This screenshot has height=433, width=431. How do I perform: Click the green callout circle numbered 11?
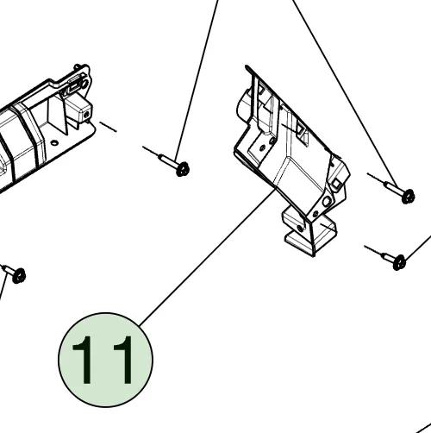[x=105, y=360]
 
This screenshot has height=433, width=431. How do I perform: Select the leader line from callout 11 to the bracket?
[x=208, y=257]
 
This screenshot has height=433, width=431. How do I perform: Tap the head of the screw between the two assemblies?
[x=183, y=169]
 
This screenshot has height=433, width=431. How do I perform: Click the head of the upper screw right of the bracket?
[x=408, y=196]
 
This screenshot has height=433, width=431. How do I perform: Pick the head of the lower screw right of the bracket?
[x=399, y=262]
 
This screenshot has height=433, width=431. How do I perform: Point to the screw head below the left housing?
[x=19, y=275]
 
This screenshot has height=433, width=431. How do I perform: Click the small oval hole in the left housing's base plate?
[x=54, y=142]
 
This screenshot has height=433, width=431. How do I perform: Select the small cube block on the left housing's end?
[x=83, y=111]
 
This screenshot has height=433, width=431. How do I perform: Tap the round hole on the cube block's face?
[x=86, y=115]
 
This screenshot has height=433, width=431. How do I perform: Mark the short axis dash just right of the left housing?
[x=108, y=127]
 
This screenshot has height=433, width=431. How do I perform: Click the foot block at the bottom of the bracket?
[x=309, y=231]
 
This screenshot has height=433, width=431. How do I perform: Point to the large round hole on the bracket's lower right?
[x=326, y=201]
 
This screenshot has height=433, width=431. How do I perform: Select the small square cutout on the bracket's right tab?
[x=336, y=183]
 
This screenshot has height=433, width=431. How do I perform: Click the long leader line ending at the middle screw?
[x=197, y=80]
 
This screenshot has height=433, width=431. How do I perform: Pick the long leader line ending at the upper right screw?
[x=346, y=95]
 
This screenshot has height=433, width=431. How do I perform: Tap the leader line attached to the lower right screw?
[x=418, y=248]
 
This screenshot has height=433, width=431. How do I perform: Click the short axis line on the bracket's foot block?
[x=328, y=227]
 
